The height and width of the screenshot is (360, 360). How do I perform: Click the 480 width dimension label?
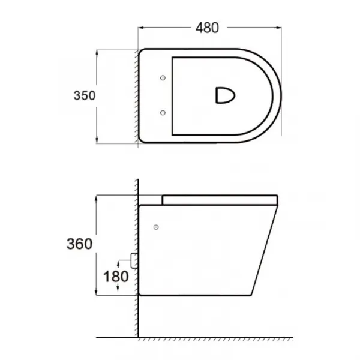(207, 28)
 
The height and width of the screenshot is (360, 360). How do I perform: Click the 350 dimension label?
(85, 95)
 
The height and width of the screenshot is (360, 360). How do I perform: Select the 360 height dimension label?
(79, 244)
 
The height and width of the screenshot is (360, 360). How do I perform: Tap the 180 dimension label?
(116, 277)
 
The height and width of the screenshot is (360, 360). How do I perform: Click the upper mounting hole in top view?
(163, 78)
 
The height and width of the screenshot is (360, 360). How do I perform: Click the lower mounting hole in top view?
(163, 113)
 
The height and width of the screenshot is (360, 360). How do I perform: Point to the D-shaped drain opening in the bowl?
(225, 95)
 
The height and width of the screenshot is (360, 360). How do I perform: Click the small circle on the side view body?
(156, 227)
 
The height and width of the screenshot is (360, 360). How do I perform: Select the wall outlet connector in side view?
(134, 260)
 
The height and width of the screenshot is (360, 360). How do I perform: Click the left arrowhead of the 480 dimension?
(141, 28)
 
